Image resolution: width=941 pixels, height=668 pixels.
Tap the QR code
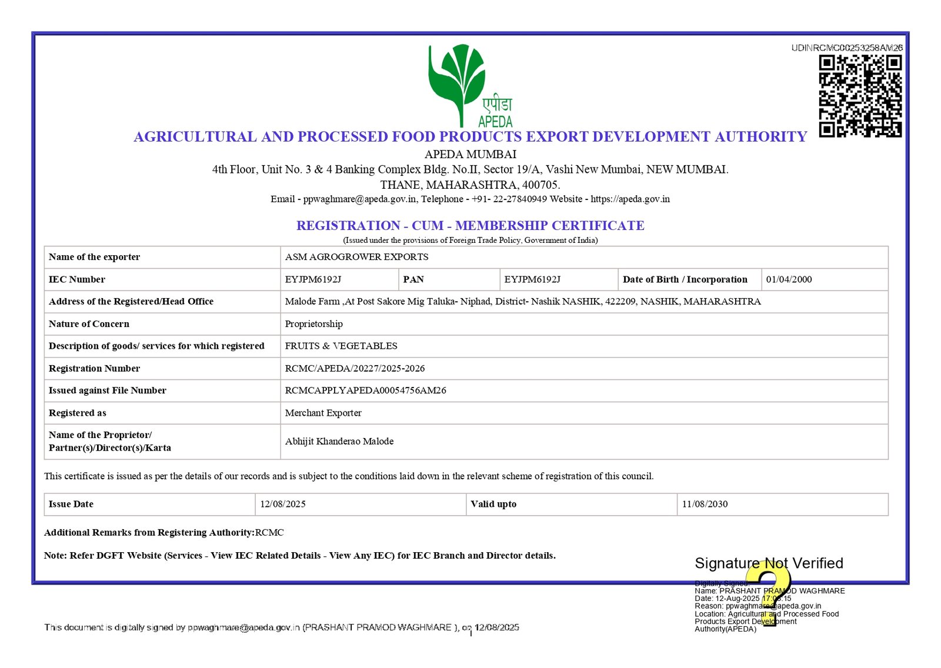[860, 96]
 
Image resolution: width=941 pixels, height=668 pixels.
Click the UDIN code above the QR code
[847, 48]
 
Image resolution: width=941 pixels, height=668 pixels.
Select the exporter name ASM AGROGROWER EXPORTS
[356, 257]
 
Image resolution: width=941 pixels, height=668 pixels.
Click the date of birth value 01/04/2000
[789, 279]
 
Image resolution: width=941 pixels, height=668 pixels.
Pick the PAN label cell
[413, 279]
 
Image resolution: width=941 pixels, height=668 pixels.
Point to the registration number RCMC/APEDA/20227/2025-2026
[355, 368]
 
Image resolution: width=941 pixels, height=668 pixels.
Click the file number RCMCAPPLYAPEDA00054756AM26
[365, 390]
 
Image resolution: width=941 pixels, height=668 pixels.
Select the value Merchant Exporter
[323, 413]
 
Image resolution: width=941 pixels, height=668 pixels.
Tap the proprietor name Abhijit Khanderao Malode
[339, 441]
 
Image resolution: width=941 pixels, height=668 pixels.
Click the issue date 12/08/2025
[283, 504]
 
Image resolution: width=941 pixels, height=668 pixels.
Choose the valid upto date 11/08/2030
[705, 504]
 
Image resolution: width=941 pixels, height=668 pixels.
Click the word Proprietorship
[313, 324]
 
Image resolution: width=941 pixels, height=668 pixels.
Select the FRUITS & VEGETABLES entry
[341, 346]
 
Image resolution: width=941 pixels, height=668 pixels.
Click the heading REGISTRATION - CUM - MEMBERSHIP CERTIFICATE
[470, 225]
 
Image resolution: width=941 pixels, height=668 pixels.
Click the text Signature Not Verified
[769, 563]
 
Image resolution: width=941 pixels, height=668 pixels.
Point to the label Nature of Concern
[89, 324]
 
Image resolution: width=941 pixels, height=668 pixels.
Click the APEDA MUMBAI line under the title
[470, 154]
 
